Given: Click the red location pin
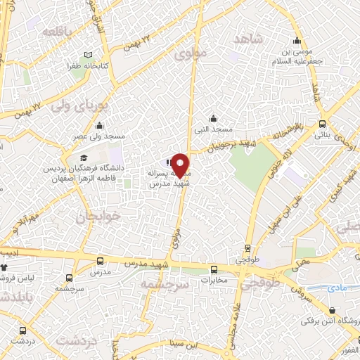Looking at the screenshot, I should click(x=180, y=165).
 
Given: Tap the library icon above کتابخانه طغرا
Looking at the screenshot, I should click(x=88, y=55).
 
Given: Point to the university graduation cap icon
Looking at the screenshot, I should click(x=84, y=157).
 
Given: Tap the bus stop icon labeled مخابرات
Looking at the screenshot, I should click(x=214, y=269).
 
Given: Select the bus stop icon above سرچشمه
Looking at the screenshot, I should click(x=69, y=278).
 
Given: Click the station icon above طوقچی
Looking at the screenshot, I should click(x=247, y=247).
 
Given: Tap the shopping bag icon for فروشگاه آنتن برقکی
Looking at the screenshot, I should click(x=332, y=310).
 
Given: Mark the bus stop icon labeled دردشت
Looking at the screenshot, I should click(x=23, y=330).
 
